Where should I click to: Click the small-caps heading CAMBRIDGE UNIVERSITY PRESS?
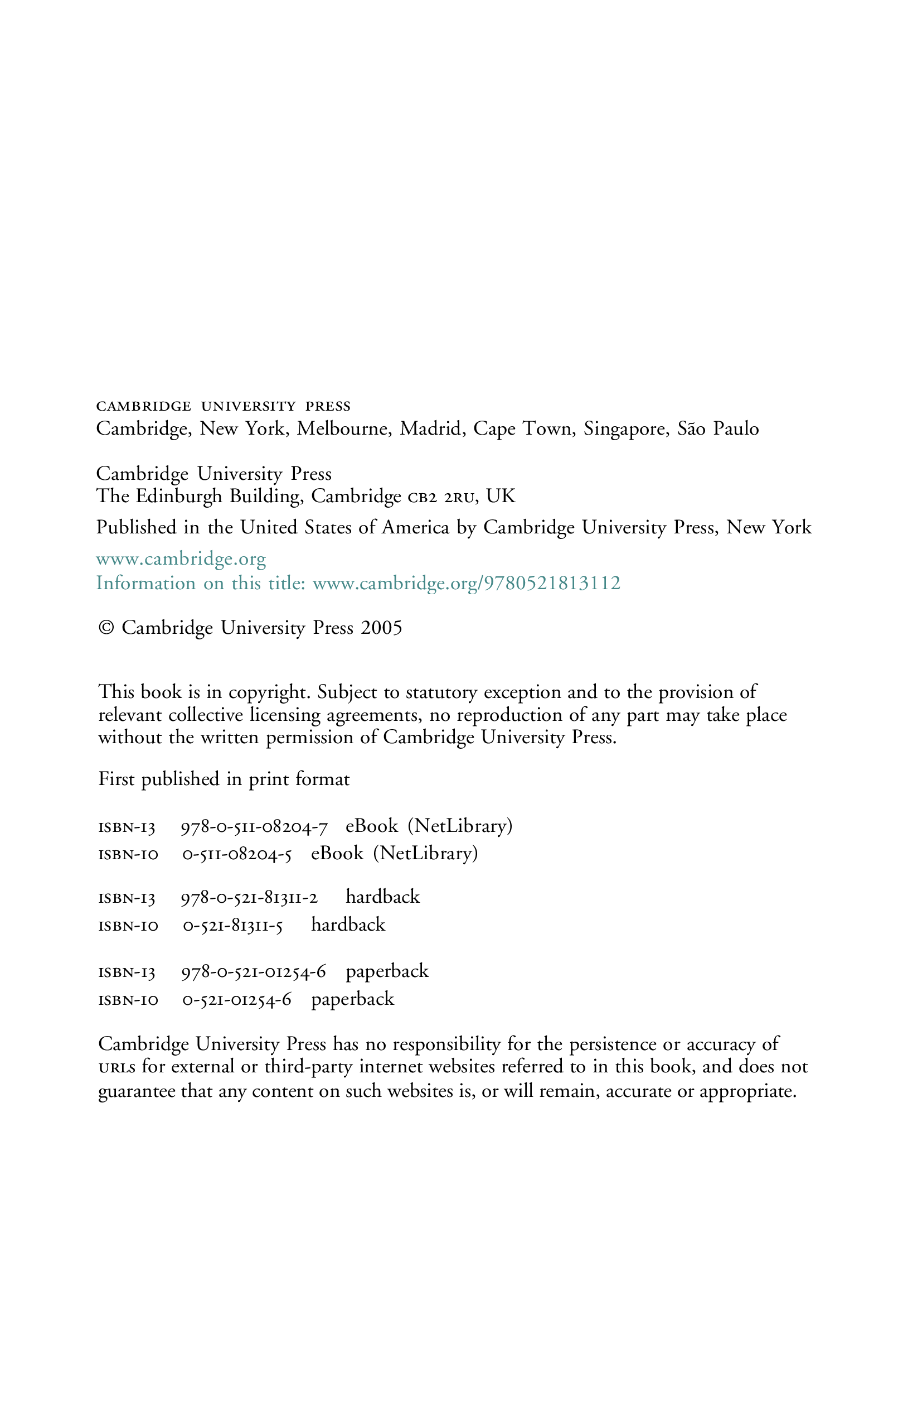point(224,406)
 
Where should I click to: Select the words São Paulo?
point(718,428)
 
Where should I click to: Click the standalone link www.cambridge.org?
point(181,559)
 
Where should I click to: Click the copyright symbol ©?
point(106,628)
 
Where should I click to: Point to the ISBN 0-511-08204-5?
point(237,854)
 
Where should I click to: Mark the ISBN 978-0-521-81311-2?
point(250,898)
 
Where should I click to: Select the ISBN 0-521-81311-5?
point(233,926)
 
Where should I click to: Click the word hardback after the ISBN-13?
point(383,897)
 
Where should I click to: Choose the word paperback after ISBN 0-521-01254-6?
point(353,999)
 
